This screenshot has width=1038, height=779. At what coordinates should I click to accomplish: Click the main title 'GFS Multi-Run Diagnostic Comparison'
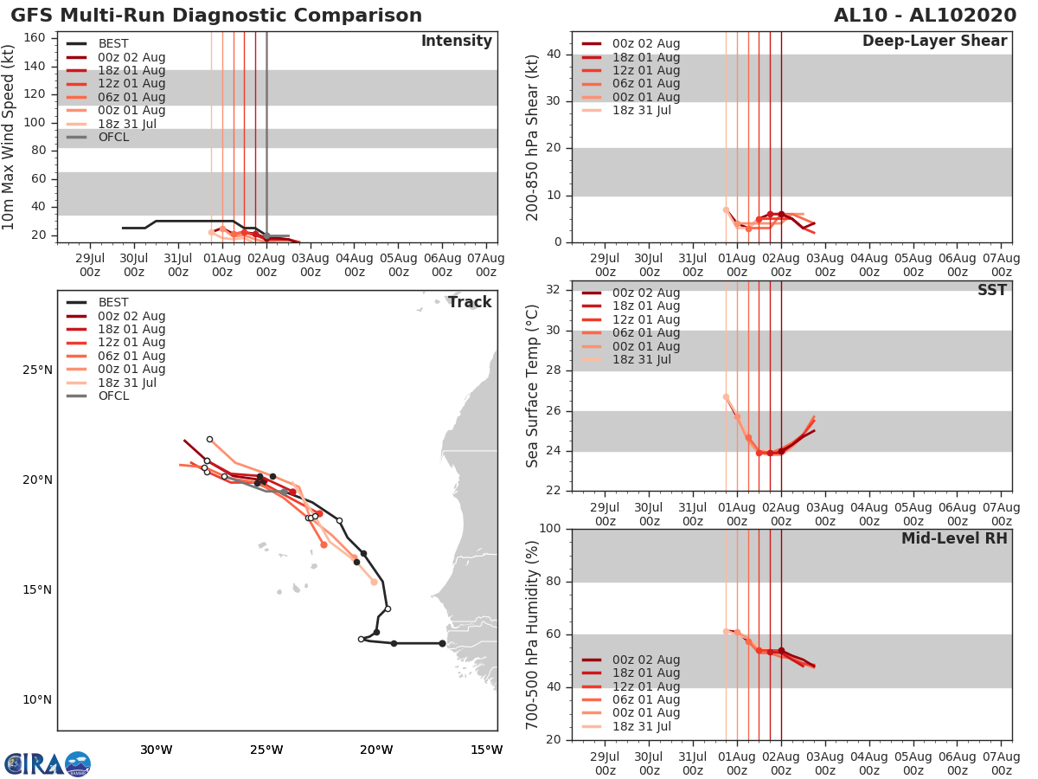pyautogui.click(x=216, y=16)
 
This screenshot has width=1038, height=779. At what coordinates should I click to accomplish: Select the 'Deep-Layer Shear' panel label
pyautogui.click(x=934, y=42)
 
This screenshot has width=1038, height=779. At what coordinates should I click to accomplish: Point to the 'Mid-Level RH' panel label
pyautogui.click(x=954, y=538)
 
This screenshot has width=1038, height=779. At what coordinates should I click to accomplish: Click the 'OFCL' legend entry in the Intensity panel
pyautogui.click(x=113, y=137)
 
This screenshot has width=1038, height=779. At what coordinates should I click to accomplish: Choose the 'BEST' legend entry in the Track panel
pyautogui.click(x=113, y=302)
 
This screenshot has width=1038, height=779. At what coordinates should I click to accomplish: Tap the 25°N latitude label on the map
pyautogui.click(x=37, y=370)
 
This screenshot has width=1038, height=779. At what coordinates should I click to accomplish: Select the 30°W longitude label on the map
pyautogui.click(x=156, y=750)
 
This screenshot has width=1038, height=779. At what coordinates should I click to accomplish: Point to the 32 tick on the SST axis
pyautogui.click(x=555, y=290)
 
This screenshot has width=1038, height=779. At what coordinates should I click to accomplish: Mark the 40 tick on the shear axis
pyautogui.click(x=555, y=55)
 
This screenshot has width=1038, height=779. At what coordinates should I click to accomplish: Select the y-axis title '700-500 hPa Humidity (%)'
pyautogui.click(x=533, y=634)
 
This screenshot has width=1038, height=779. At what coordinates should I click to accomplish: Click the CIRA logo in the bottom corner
pyautogui.click(x=48, y=764)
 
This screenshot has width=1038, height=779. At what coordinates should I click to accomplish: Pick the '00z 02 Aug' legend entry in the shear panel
pyautogui.click(x=645, y=44)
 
